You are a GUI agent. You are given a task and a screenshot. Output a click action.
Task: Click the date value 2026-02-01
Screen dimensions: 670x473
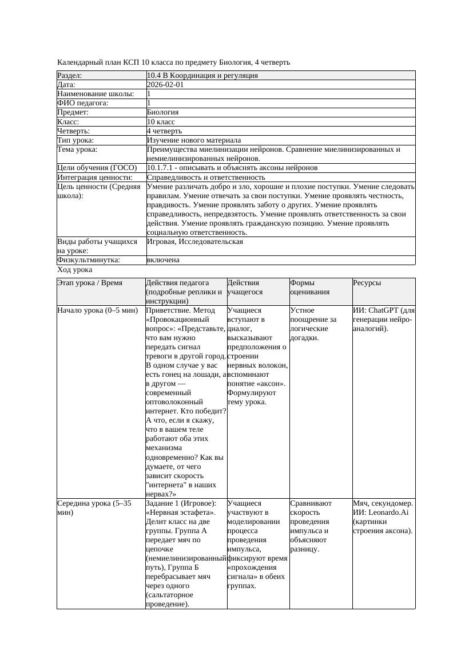click(165, 85)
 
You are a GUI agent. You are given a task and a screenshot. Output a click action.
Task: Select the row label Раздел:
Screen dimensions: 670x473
click(70, 76)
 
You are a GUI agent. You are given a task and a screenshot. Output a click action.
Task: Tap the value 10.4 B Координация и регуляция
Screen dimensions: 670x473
click(202, 76)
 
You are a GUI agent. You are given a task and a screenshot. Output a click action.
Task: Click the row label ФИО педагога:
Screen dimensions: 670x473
click(83, 103)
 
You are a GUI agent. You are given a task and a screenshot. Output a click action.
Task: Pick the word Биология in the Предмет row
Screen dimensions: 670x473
click(162, 112)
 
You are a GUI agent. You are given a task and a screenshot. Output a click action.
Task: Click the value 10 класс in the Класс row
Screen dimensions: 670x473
click(161, 121)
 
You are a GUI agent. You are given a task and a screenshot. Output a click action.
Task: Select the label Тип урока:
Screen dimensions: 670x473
click(75, 140)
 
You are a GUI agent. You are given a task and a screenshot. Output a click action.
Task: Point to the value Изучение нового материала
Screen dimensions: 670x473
click(193, 140)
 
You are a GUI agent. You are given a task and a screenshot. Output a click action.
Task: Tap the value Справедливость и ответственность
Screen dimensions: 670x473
click(206, 178)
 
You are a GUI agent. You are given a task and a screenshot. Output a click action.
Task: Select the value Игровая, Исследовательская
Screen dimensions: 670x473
click(194, 242)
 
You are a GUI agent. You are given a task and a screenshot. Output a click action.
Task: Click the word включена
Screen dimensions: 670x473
click(163, 260)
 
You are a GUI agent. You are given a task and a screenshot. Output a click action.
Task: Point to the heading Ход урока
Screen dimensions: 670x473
click(75, 269)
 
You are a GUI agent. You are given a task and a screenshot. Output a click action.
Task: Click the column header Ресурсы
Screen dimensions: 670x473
click(367, 282)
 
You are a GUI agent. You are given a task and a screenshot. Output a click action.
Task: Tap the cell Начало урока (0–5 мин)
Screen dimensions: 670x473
click(98, 310)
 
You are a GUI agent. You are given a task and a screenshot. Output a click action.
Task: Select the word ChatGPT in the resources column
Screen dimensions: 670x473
click(386, 310)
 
